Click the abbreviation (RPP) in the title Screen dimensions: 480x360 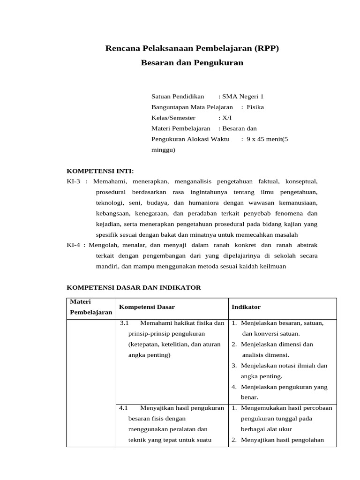click(x=266, y=48)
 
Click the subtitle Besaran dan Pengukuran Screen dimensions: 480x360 click(x=192, y=62)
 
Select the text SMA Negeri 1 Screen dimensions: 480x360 click(x=243, y=97)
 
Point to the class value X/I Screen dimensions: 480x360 click(x=227, y=118)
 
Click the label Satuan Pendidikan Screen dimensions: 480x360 click(x=178, y=97)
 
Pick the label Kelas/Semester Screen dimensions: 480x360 click(x=173, y=118)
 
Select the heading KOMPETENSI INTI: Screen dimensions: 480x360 click(x=100, y=171)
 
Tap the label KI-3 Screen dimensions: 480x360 click(x=74, y=181)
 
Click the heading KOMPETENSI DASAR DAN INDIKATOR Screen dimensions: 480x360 click(x=134, y=287)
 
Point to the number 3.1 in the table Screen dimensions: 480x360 click(x=124, y=323)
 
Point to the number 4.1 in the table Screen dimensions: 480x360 click(x=124, y=408)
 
